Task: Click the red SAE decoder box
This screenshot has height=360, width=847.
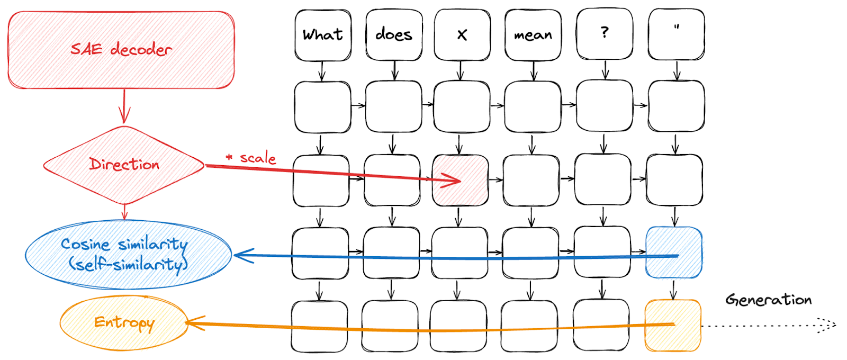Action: click(x=121, y=50)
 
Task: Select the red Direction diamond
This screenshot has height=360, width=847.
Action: click(x=124, y=165)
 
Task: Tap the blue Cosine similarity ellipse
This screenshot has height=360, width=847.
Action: click(x=128, y=255)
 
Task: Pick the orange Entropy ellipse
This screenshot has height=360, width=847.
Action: click(x=124, y=323)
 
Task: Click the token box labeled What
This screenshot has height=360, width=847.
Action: click(x=323, y=35)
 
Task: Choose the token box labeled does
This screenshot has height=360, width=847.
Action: click(x=394, y=35)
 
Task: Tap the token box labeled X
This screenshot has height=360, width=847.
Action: click(x=462, y=35)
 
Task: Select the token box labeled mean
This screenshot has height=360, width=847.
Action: click(x=533, y=35)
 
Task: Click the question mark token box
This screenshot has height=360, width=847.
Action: click(x=605, y=33)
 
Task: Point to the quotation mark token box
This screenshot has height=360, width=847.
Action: click(x=676, y=33)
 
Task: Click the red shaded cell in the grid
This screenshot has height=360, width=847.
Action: click(x=461, y=180)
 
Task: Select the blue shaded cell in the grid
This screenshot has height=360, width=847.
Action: click(x=674, y=253)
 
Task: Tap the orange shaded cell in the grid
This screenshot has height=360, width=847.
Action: click(x=673, y=325)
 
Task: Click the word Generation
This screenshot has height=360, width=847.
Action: click(x=768, y=300)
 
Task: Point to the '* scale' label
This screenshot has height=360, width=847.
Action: click(x=251, y=158)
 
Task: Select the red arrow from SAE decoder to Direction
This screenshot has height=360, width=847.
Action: click(x=124, y=106)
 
